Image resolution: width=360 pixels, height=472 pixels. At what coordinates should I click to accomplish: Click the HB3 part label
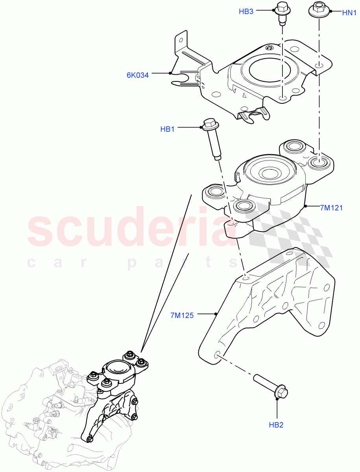[246, 11]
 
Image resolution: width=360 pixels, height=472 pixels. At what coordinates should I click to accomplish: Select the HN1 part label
[349, 13]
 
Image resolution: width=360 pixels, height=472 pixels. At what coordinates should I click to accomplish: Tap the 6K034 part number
[138, 75]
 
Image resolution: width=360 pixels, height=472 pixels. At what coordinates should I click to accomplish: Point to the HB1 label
[167, 129]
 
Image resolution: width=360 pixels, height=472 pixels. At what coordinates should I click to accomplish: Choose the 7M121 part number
[331, 207]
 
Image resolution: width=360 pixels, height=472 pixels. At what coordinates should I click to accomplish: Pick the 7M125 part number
[182, 315]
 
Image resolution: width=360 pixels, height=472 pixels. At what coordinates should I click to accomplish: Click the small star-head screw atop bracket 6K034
[269, 48]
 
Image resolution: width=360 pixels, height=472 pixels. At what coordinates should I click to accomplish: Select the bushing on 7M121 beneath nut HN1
[318, 162]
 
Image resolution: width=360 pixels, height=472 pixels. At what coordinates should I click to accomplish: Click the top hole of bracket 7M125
[246, 278]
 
